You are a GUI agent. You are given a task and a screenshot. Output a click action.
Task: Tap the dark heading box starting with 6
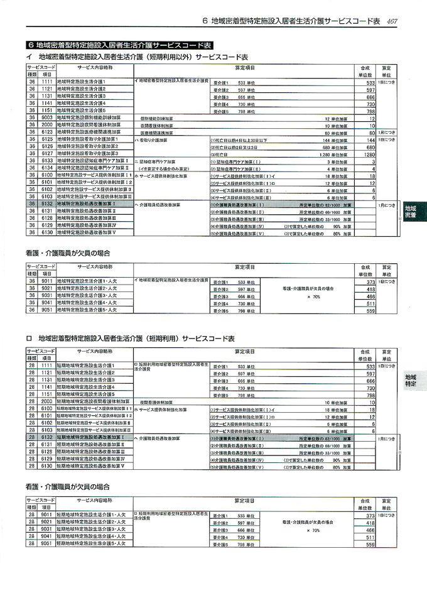coord(119,45)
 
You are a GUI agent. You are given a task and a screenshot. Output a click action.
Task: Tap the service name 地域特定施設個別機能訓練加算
coord(88,117)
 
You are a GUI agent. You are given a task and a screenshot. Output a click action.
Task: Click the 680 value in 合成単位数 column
coord(370,146)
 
